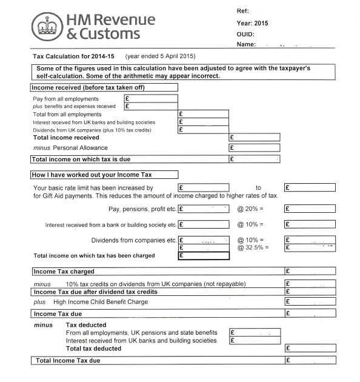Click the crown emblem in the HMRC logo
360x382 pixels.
pyautogui.click(x=42, y=27)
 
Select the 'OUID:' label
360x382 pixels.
pyautogui.click(x=245, y=34)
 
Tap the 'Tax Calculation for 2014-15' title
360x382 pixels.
pyautogui.click(x=75, y=56)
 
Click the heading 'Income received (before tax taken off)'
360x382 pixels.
pyautogui.click(x=88, y=87)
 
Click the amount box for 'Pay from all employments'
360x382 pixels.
pyautogui.click(x=151, y=98)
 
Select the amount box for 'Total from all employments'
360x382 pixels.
pyautogui.click(x=204, y=114)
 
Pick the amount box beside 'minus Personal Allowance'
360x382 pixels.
pyautogui.click(x=255, y=147)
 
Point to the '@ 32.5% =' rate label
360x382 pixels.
pyautogui.click(x=252, y=247)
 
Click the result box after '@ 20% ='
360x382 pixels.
pyautogui.click(x=310, y=209)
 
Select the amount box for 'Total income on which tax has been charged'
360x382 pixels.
pyautogui.click(x=204, y=256)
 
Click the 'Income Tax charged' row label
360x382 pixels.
pyautogui.click(x=64, y=272)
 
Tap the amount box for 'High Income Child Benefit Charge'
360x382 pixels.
pyautogui.click(x=310, y=301)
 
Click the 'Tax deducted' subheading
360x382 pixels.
pyautogui.click(x=85, y=325)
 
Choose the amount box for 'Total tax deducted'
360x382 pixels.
pyautogui.click(x=310, y=349)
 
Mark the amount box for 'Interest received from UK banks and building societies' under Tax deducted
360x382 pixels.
pyautogui.click(x=255, y=341)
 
